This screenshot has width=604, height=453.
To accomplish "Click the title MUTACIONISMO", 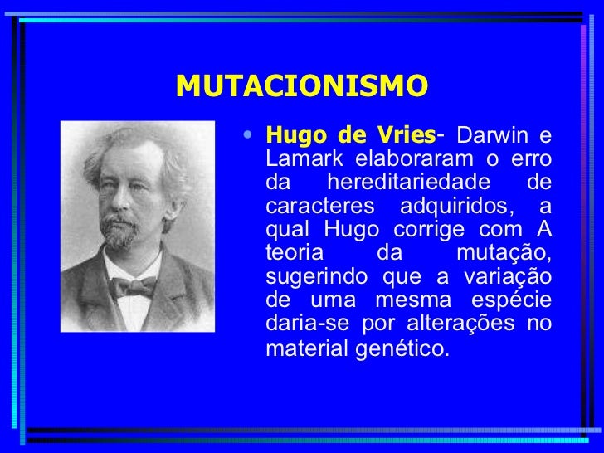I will pyautogui.click(x=302, y=85).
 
